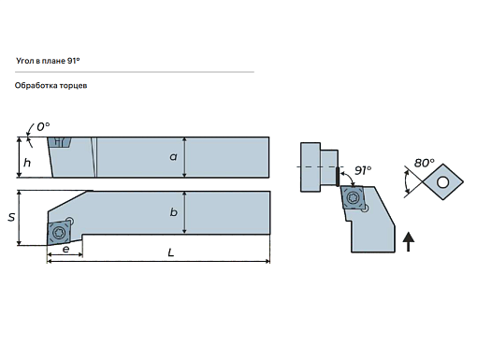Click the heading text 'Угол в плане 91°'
click(48, 61)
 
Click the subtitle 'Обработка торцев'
click(51, 85)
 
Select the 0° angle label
click(43, 127)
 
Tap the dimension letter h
click(27, 162)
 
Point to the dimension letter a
click(173, 156)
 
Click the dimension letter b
click(174, 212)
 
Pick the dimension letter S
click(11, 217)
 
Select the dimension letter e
click(65, 249)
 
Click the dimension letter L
click(171, 252)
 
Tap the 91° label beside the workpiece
click(363, 170)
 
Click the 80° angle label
click(425, 163)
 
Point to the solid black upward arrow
click(409, 241)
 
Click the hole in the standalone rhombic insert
click(442, 182)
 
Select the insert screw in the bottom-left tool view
click(58, 232)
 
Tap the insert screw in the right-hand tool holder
click(353, 197)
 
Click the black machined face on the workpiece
click(338, 177)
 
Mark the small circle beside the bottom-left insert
click(70, 221)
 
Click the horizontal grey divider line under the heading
click(135, 72)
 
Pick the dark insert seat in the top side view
click(60, 143)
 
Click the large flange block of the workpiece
click(311, 167)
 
